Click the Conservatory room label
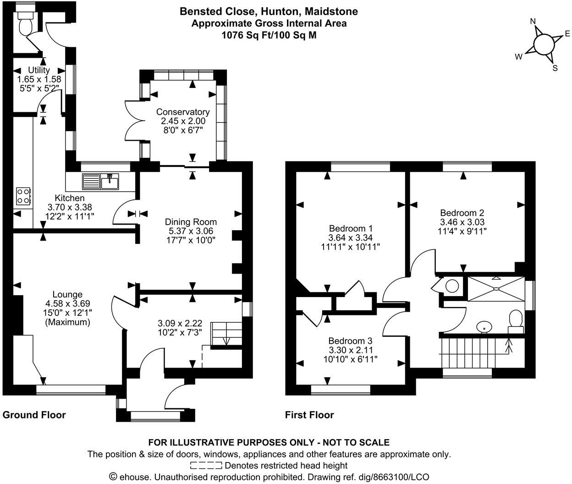click(x=182, y=112)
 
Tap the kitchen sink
click(x=101, y=181)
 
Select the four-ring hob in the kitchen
click(x=23, y=196)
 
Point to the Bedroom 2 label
click(x=462, y=213)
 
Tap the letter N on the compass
click(x=533, y=22)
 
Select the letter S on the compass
click(x=555, y=68)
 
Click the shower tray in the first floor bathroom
click(x=495, y=288)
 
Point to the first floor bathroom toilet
click(x=516, y=320)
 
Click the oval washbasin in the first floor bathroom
click(x=484, y=327)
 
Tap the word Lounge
click(x=67, y=294)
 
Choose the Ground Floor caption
click(x=34, y=415)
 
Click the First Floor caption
click(x=309, y=415)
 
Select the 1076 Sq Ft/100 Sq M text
click(x=269, y=35)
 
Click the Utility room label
click(x=39, y=70)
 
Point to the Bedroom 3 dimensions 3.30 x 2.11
click(x=350, y=350)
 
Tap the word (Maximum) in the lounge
click(x=67, y=322)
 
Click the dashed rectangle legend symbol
click(x=206, y=466)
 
